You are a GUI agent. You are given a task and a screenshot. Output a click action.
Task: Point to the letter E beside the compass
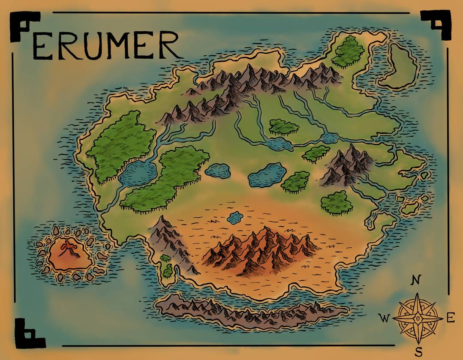450,318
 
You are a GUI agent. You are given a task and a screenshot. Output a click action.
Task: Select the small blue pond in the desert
235,218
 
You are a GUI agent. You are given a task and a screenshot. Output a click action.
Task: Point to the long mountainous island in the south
251,309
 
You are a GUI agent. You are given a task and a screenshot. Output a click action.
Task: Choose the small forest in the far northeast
348,51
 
